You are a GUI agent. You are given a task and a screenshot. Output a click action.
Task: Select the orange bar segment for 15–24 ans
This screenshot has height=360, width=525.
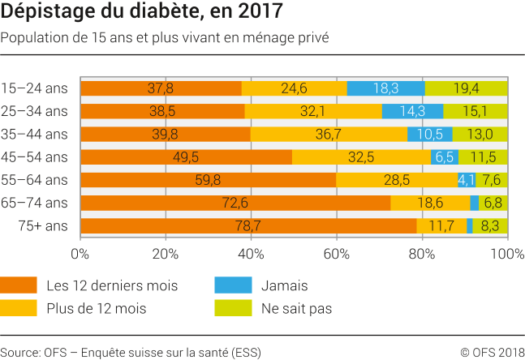[x=161, y=88]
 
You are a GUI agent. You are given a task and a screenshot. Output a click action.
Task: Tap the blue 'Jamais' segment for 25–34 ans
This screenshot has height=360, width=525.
[x=412, y=111]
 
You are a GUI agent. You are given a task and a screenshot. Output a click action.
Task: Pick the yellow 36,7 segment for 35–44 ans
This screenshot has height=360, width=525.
[x=329, y=134]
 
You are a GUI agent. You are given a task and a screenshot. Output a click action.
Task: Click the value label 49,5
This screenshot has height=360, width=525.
[x=186, y=157]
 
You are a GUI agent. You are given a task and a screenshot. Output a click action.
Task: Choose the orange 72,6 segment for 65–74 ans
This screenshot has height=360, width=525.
[x=235, y=203]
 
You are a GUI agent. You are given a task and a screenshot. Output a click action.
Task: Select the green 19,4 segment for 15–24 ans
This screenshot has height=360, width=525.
[x=467, y=88]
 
